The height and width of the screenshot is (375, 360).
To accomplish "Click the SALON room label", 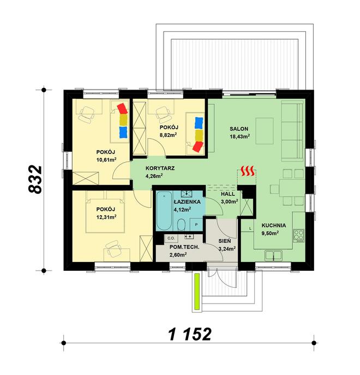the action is click(239, 129).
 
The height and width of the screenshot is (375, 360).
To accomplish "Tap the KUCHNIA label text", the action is click(274, 225).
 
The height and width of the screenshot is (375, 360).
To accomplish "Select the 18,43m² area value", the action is click(240, 136).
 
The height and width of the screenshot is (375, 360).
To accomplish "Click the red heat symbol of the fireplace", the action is click(248, 171).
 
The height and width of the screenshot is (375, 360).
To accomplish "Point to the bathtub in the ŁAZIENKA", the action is click(164, 211).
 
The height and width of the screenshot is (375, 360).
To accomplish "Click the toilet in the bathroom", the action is click(182, 224).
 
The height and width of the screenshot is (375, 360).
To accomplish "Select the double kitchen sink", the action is click(273, 255).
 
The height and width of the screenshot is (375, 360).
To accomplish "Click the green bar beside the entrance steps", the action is click(197, 291).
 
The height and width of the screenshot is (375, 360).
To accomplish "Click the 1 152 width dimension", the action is click(190, 334).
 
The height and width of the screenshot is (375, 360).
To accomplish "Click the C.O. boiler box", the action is click(171, 238).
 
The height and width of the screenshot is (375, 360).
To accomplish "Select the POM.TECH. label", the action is click(184, 247).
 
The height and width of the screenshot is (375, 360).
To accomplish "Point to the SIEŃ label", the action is click(225, 241).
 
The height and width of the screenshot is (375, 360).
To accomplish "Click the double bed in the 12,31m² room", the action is click(105, 212).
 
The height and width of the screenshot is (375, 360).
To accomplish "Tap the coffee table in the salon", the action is click(265, 131).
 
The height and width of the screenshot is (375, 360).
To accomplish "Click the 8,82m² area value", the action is click(169, 135).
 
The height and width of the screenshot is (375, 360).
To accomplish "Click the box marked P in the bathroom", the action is click(196, 224).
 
